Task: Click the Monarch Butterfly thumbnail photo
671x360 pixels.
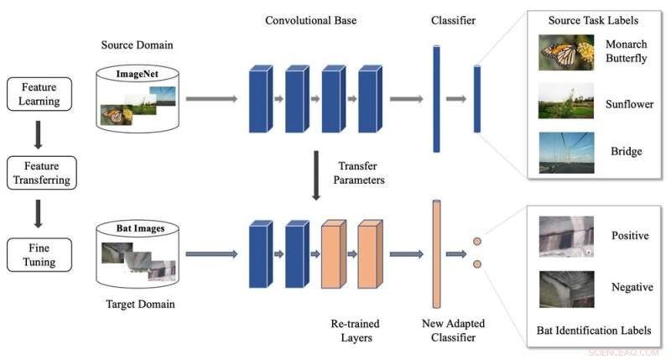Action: [x=566, y=53]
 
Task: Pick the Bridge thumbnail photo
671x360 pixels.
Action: [x=566, y=153]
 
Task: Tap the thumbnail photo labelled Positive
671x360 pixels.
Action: [x=566, y=237]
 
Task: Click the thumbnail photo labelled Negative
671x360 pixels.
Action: [x=566, y=287]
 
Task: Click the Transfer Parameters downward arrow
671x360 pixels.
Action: [x=316, y=175]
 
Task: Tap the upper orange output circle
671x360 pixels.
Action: [x=476, y=242]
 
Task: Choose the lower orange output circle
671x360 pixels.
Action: [x=476, y=263]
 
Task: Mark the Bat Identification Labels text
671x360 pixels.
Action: [x=593, y=330]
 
